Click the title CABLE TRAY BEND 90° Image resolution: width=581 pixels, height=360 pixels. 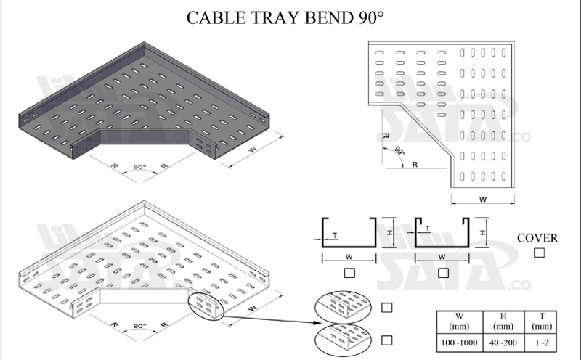pyautogui.click(x=284, y=17)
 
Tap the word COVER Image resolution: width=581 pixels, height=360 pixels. pyautogui.click(x=537, y=238)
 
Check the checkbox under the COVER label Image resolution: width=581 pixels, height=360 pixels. pyautogui.click(x=538, y=253)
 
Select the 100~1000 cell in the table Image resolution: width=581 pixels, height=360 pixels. pyautogui.click(x=459, y=340)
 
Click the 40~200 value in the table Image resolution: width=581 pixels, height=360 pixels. pyautogui.click(x=501, y=340)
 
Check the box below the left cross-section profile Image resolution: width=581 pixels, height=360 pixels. pyautogui.click(x=349, y=272)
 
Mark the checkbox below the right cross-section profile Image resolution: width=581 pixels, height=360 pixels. pyautogui.click(x=442, y=272)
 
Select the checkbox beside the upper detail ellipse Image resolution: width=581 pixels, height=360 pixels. pyautogui.click(x=387, y=308)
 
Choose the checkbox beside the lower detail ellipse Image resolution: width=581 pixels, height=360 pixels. pyautogui.click(x=387, y=339)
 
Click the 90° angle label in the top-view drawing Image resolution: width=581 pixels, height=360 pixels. pyautogui.click(x=399, y=151)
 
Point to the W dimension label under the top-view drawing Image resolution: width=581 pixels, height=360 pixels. pyautogui.click(x=482, y=199)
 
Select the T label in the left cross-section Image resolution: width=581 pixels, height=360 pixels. pyautogui.click(x=334, y=234)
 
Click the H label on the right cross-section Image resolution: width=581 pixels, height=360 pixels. pyautogui.click(x=482, y=232)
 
